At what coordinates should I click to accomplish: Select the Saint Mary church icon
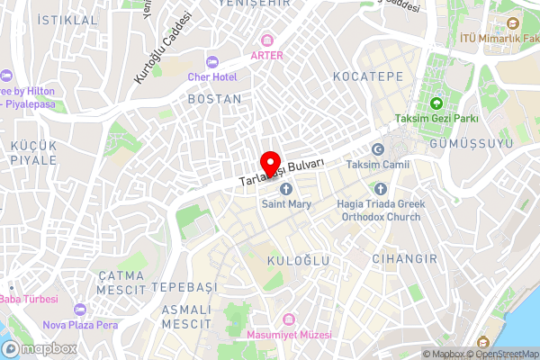286,188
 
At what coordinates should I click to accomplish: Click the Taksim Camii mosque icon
377,149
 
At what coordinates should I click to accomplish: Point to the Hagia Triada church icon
379,188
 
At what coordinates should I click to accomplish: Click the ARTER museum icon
266,40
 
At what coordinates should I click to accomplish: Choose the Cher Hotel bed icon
212,61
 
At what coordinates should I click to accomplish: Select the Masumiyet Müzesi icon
288,319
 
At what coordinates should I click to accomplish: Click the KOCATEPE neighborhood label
368,76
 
